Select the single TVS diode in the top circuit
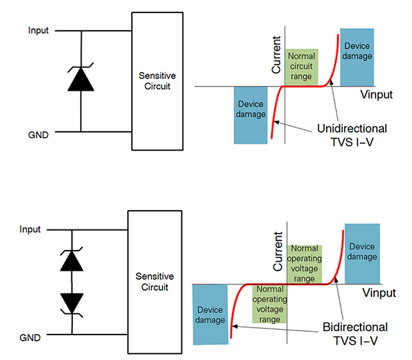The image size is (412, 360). click(x=81, y=80)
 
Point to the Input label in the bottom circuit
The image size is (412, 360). click(x=30, y=229)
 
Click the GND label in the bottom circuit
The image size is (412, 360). click(x=30, y=337)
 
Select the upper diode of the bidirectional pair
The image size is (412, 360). click(x=72, y=260)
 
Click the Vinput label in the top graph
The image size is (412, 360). click(x=376, y=95)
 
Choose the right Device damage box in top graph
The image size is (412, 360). click(x=356, y=56)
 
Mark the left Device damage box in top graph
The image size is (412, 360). click(x=250, y=115)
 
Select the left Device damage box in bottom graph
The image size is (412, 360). click(x=209, y=315)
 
